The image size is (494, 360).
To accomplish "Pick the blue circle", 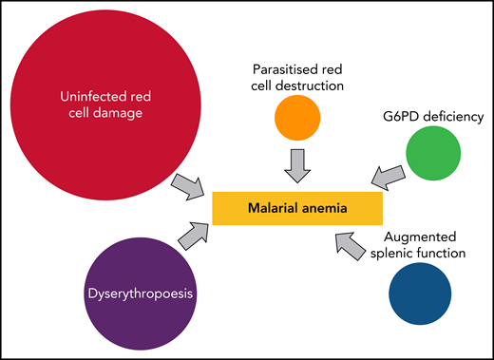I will coord(419,294).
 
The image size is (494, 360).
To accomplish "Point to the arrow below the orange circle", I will coord(297,167).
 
